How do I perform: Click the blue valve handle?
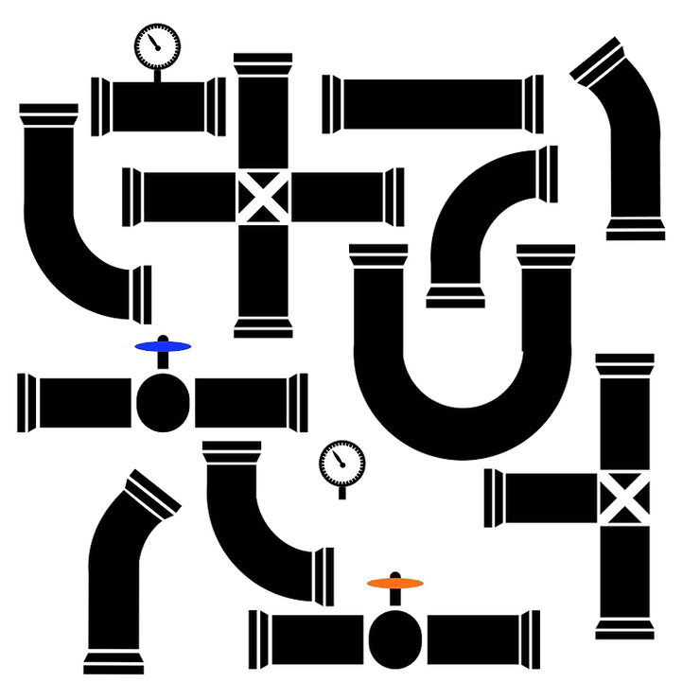[x=163, y=347]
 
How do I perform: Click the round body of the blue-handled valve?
[x=163, y=401]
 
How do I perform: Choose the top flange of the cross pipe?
[x=262, y=64]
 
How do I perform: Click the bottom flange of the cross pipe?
[x=262, y=327]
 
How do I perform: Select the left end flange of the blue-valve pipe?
[x=26, y=401]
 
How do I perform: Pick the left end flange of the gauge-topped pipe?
[x=96, y=107]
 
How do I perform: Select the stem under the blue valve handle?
[x=163, y=362]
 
